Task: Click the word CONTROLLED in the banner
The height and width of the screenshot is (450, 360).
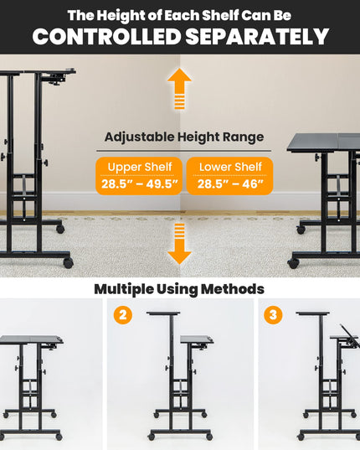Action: pos(106,36)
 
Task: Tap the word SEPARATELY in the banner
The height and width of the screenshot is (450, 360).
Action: pos(257,36)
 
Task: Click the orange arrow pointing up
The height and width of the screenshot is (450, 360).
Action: pos(179,89)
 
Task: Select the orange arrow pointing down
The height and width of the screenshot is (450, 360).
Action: pos(179,244)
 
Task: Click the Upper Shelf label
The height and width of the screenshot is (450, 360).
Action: pos(140,167)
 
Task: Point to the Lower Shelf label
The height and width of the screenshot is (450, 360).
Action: pos(230,167)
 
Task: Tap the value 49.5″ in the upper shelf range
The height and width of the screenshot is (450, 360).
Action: pos(162,184)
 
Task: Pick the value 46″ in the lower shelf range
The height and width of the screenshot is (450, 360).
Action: pos(253,184)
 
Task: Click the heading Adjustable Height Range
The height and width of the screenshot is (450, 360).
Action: pos(184,137)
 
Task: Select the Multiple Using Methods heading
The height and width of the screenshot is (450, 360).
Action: pos(179,289)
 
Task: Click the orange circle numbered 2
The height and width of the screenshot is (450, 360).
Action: pos(123,315)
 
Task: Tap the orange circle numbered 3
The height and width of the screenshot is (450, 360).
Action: pos(273,315)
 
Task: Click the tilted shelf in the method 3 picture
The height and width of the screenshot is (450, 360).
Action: pos(349,336)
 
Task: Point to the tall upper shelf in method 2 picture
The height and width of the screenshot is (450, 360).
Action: pos(163,313)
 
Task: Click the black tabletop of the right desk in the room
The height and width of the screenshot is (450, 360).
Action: pos(324,142)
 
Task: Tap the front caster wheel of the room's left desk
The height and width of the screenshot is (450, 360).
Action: pos(68,263)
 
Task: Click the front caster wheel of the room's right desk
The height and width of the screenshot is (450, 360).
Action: pos(293,264)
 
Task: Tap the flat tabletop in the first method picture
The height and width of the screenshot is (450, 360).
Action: pos(31,339)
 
